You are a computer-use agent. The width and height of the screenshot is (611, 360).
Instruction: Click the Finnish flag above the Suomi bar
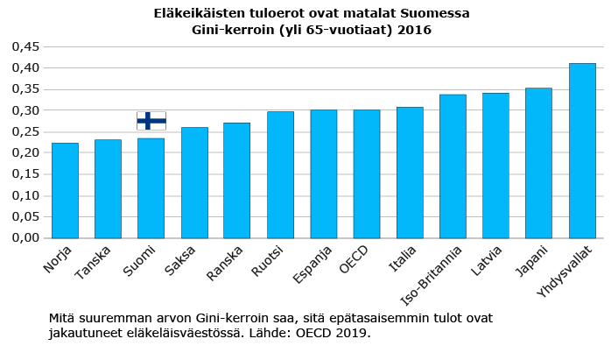coord(151,121)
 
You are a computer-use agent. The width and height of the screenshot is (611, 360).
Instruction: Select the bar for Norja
coord(65,190)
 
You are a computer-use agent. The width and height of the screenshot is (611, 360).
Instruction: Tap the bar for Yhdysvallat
coord(582,151)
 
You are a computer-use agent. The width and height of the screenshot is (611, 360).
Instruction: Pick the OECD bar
coord(367,174)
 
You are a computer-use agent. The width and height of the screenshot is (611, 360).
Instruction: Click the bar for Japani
coord(538,163)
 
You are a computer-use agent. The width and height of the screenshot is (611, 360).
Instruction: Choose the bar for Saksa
coord(194,182)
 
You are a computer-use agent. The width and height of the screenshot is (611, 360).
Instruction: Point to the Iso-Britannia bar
coord(453,166)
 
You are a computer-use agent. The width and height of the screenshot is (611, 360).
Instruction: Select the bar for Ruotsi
coord(281,174)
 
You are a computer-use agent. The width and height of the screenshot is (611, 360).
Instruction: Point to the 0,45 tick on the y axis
coord(25,46)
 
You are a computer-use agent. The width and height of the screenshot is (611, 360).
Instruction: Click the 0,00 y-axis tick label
coord(25,237)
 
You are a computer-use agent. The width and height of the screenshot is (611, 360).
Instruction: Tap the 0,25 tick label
coord(25,131)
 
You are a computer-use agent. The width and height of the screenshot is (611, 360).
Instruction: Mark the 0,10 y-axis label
coord(25,195)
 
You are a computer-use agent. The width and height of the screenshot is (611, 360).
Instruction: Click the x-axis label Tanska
coord(93,262)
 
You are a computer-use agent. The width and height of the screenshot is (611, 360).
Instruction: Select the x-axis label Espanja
coord(313,265)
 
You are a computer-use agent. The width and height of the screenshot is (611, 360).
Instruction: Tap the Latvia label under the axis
coord(486,260)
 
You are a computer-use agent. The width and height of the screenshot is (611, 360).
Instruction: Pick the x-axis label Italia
coord(403,258)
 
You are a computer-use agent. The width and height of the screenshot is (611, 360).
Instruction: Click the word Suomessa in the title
coord(435,13)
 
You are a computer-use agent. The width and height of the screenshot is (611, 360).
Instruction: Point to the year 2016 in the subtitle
coord(414,30)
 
